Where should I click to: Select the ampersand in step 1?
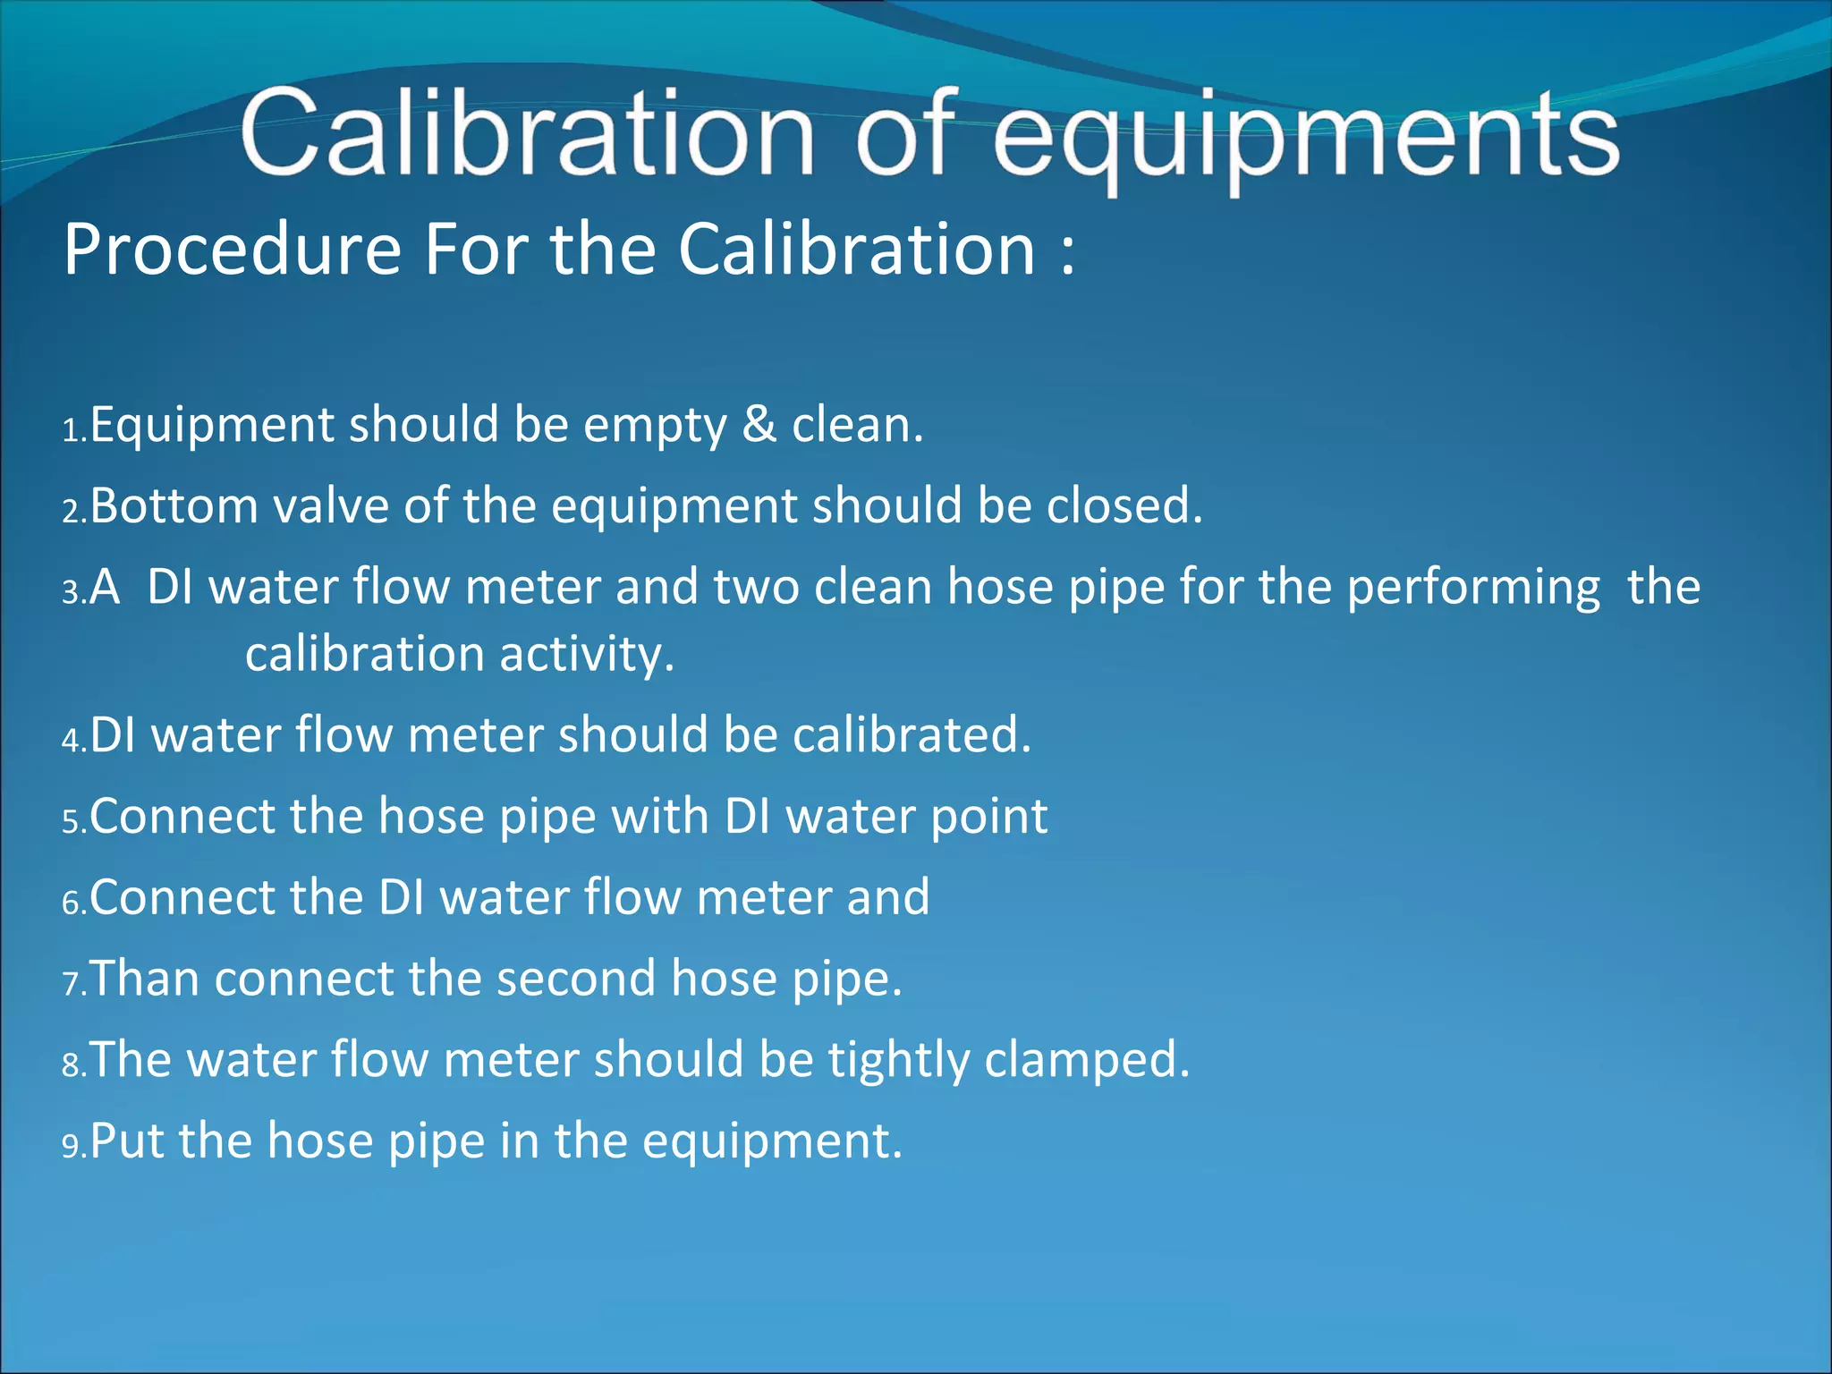tap(759, 425)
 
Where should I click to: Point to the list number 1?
tap(72, 432)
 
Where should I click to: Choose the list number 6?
tap(72, 903)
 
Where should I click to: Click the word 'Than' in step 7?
tap(145, 979)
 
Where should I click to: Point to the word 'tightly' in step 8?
tap(898, 1061)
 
